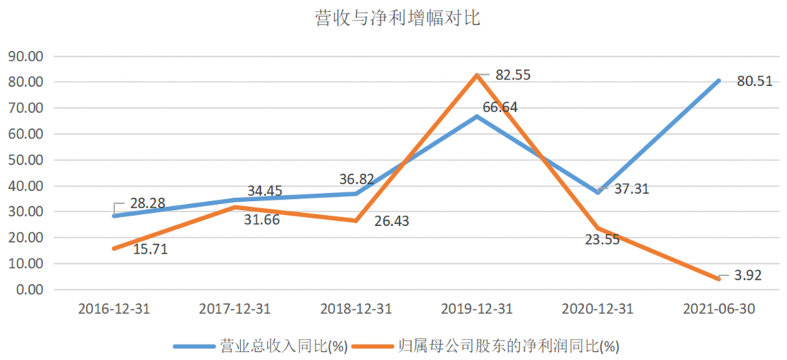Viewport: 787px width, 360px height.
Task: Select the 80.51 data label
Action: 754,82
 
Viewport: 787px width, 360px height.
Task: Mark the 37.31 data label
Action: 631,189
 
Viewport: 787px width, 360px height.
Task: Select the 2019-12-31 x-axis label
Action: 477,309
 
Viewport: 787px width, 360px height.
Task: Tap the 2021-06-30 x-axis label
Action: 719,309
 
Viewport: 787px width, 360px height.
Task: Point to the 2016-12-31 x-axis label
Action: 114,309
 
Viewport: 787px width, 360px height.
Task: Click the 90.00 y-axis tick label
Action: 26,56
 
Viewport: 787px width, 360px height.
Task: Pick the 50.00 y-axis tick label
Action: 26,160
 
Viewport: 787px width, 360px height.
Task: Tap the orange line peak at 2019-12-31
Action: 477,75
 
